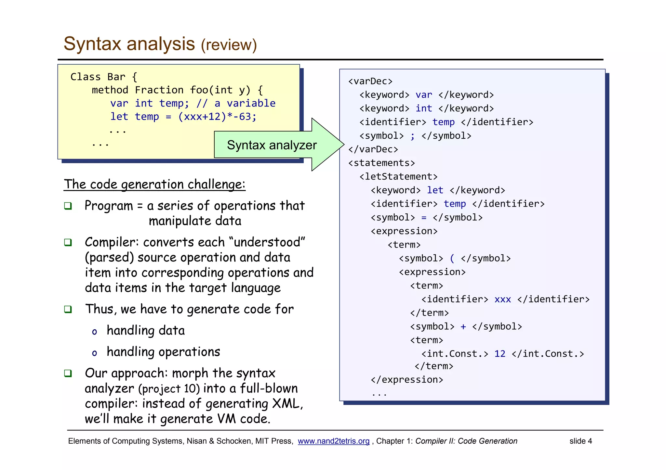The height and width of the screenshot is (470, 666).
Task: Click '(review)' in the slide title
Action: pos(229,45)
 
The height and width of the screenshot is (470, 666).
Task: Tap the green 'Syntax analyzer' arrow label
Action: pos(272,145)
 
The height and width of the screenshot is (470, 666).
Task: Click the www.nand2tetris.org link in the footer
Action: pos(333,441)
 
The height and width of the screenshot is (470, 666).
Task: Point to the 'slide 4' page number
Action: pos(580,441)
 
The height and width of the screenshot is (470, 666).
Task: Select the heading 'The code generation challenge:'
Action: pos(154,184)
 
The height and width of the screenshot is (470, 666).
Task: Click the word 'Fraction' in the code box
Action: pos(159,90)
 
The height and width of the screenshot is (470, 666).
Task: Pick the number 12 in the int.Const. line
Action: pos(500,354)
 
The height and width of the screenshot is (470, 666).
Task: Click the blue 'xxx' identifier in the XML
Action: pos(502,299)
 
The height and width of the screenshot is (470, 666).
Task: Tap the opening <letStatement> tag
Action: pos(398,177)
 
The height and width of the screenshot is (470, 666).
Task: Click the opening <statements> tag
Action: pos(381,163)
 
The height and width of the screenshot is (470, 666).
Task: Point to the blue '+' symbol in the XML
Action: pos(463,326)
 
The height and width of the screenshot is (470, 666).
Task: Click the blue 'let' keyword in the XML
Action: pos(435,190)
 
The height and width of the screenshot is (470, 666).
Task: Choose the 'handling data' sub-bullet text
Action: pos(146,331)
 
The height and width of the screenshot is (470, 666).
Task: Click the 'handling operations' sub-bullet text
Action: pos(163,352)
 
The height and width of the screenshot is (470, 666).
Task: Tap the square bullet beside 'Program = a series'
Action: pos(68,206)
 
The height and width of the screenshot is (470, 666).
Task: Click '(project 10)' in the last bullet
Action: pos(169,389)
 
